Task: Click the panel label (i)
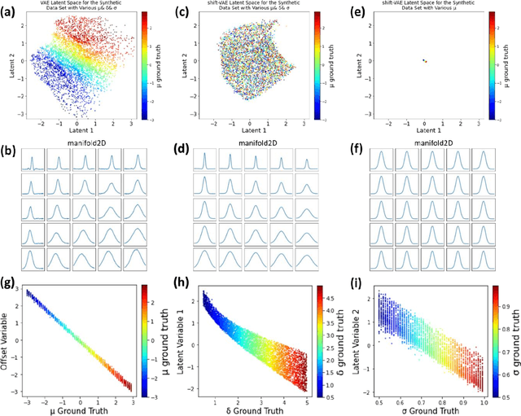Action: click(356, 283)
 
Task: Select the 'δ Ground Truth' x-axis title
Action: click(263, 409)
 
